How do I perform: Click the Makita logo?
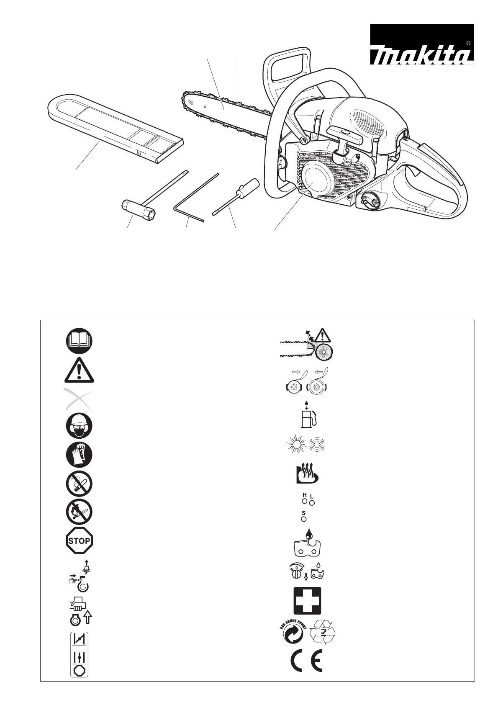click(421, 44)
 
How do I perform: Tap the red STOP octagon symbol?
click(79, 540)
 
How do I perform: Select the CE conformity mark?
click(307, 661)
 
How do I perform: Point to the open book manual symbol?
click(79, 340)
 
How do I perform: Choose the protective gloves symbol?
click(79, 455)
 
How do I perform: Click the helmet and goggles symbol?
click(79, 426)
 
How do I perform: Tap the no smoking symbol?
click(79, 484)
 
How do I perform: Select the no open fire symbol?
click(79, 512)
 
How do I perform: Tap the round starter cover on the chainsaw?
click(314, 179)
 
